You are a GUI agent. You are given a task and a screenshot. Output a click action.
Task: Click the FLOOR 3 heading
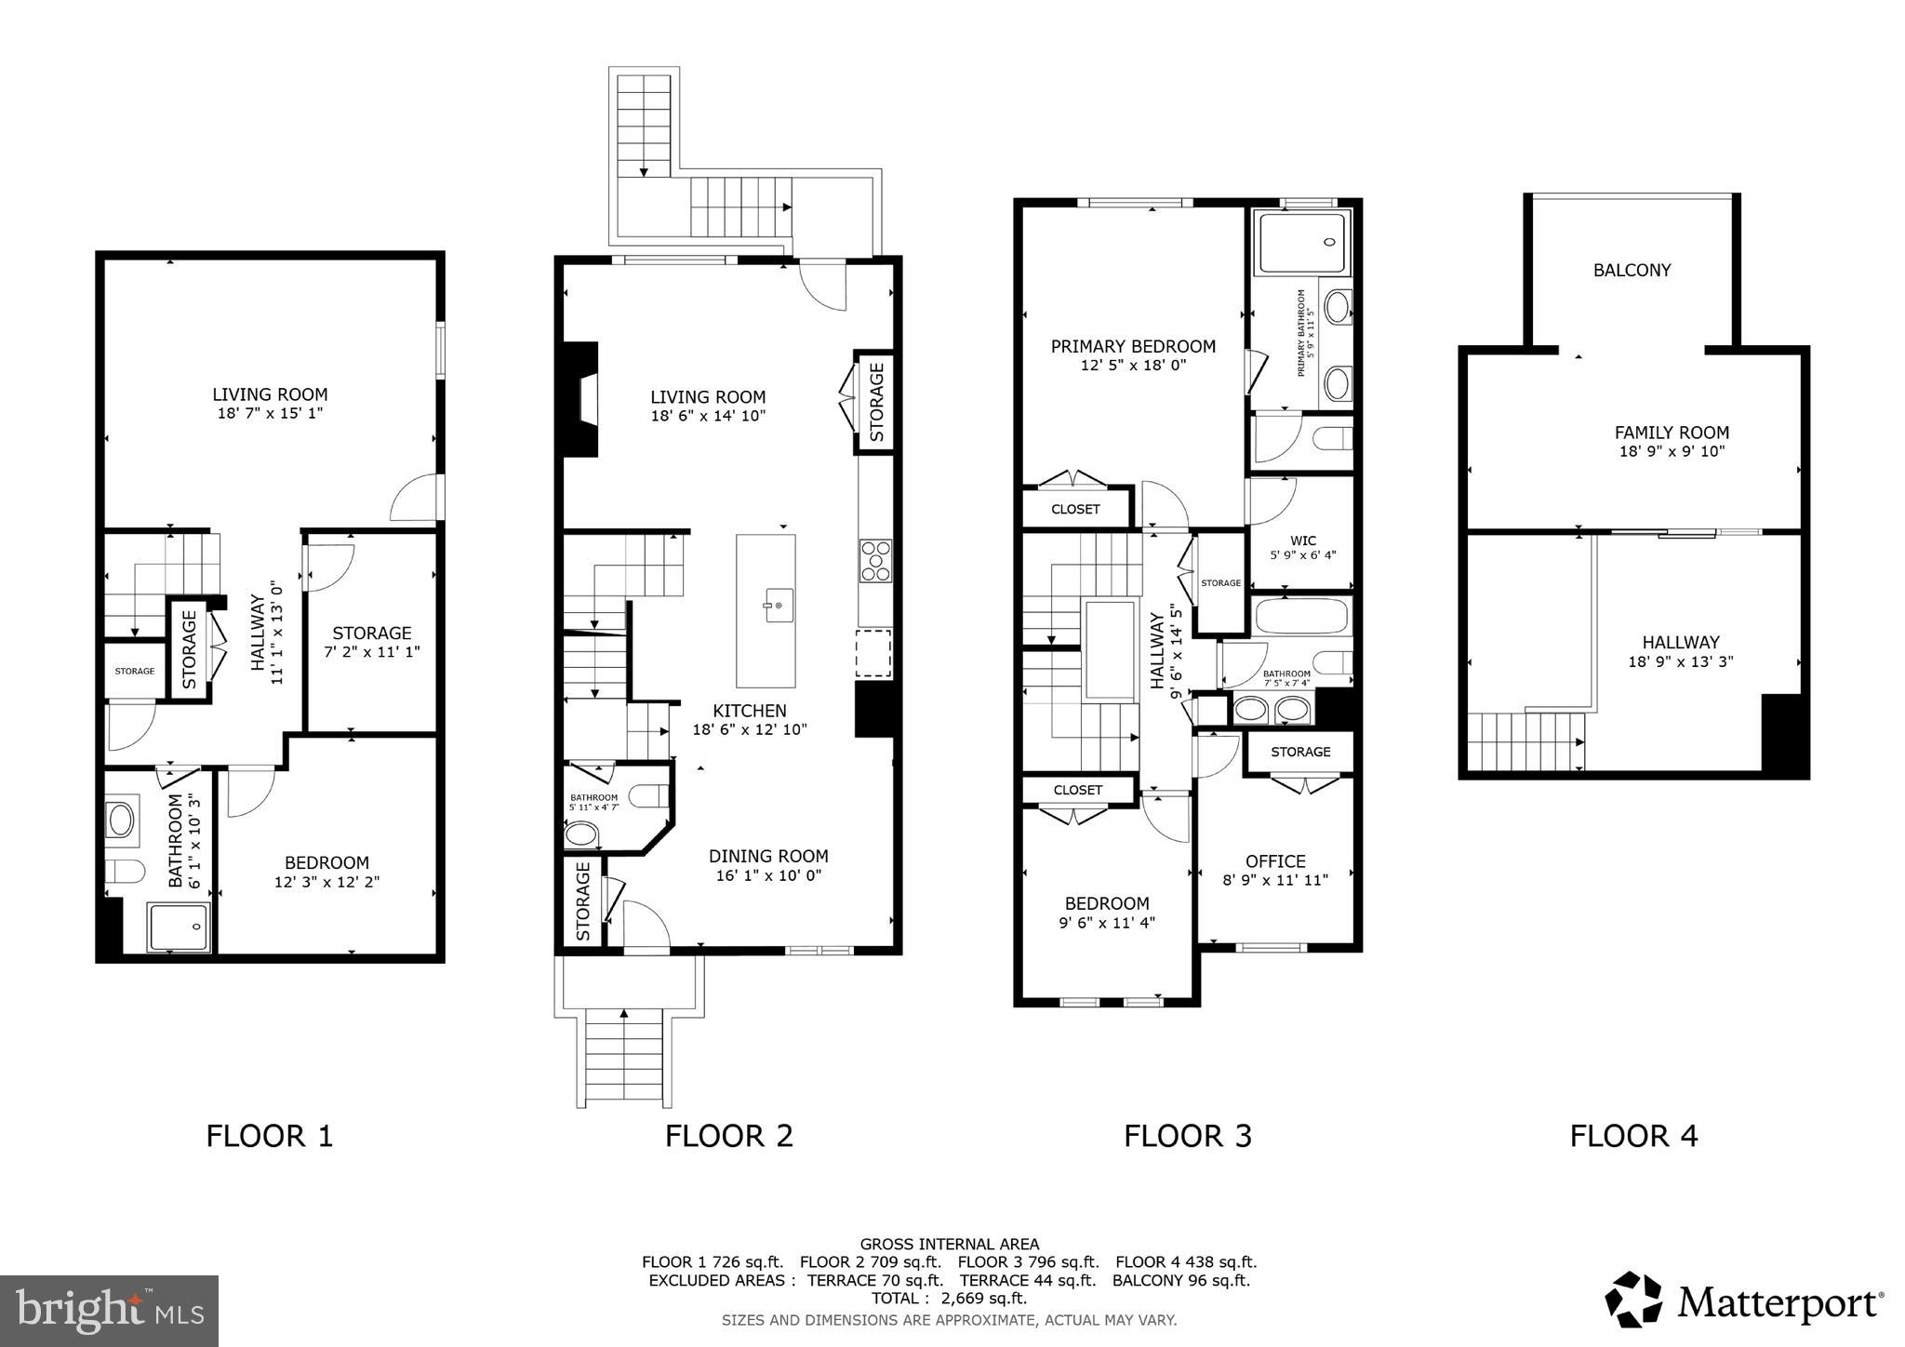1187,1136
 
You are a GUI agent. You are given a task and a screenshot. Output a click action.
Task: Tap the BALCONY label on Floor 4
1632,271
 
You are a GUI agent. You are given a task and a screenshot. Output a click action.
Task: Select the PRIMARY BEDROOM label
1133,347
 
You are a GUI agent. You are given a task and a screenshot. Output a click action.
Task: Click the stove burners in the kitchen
875,561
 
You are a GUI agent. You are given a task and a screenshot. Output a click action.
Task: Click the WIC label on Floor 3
1302,540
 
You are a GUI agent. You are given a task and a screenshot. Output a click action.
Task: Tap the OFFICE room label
1275,861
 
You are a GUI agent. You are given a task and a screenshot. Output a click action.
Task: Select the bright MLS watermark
109,1311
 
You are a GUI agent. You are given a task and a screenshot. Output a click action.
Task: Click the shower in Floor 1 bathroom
179,927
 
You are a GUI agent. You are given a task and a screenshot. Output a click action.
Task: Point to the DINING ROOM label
768,856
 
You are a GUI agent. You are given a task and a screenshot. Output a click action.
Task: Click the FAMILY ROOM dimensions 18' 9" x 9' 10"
1672,452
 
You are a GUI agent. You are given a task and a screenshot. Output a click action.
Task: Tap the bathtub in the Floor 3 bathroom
1300,617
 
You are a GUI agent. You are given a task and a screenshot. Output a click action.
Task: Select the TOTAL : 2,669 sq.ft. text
949,1298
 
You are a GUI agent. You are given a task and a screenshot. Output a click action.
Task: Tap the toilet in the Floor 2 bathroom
648,795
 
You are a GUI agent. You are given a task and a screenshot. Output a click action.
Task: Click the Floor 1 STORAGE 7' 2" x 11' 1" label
371,642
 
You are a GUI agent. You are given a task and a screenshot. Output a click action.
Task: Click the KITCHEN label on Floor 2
750,711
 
